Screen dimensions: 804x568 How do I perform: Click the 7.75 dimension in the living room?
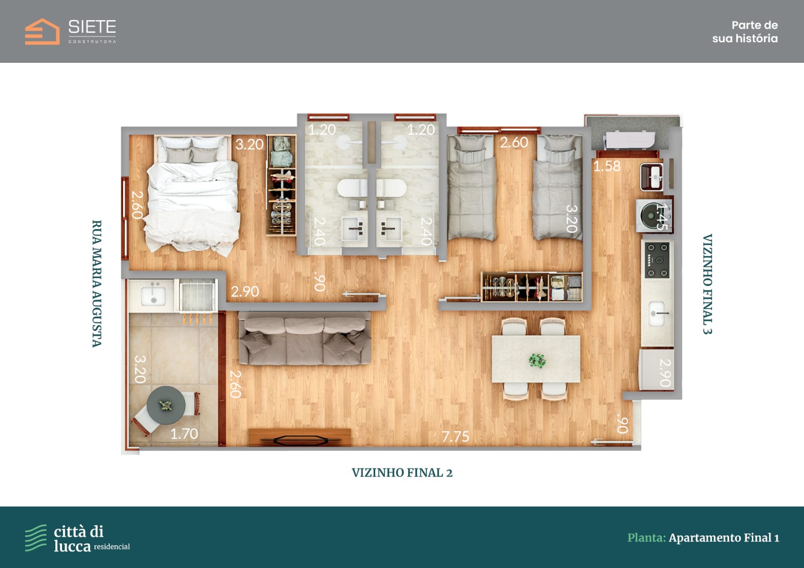(x=456, y=436)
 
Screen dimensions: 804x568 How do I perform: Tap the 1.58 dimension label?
(x=607, y=166)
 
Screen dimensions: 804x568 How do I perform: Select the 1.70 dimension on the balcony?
(x=184, y=434)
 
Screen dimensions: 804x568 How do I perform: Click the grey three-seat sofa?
(x=305, y=338)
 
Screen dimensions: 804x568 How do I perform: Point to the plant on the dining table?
(x=537, y=360)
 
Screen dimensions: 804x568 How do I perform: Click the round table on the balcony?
(x=166, y=405)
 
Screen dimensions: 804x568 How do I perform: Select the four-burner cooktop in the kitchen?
(x=657, y=260)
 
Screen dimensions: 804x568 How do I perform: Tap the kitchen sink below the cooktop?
(x=657, y=314)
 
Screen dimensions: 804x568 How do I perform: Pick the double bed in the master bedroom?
(x=193, y=194)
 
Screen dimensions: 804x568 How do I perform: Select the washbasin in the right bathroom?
(x=389, y=229)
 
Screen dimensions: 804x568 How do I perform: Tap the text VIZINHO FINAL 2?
(x=402, y=472)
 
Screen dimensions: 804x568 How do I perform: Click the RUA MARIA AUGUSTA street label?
(x=97, y=283)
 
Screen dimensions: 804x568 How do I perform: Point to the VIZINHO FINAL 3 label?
(x=707, y=284)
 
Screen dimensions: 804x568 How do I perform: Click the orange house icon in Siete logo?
(x=42, y=32)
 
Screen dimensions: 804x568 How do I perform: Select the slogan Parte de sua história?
(x=745, y=32)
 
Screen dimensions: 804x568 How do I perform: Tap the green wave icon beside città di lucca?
(x=36, y=537)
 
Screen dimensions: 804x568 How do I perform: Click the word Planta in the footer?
(x=647, y=538)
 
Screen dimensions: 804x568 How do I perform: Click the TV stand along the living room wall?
(x=300, y=437)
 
